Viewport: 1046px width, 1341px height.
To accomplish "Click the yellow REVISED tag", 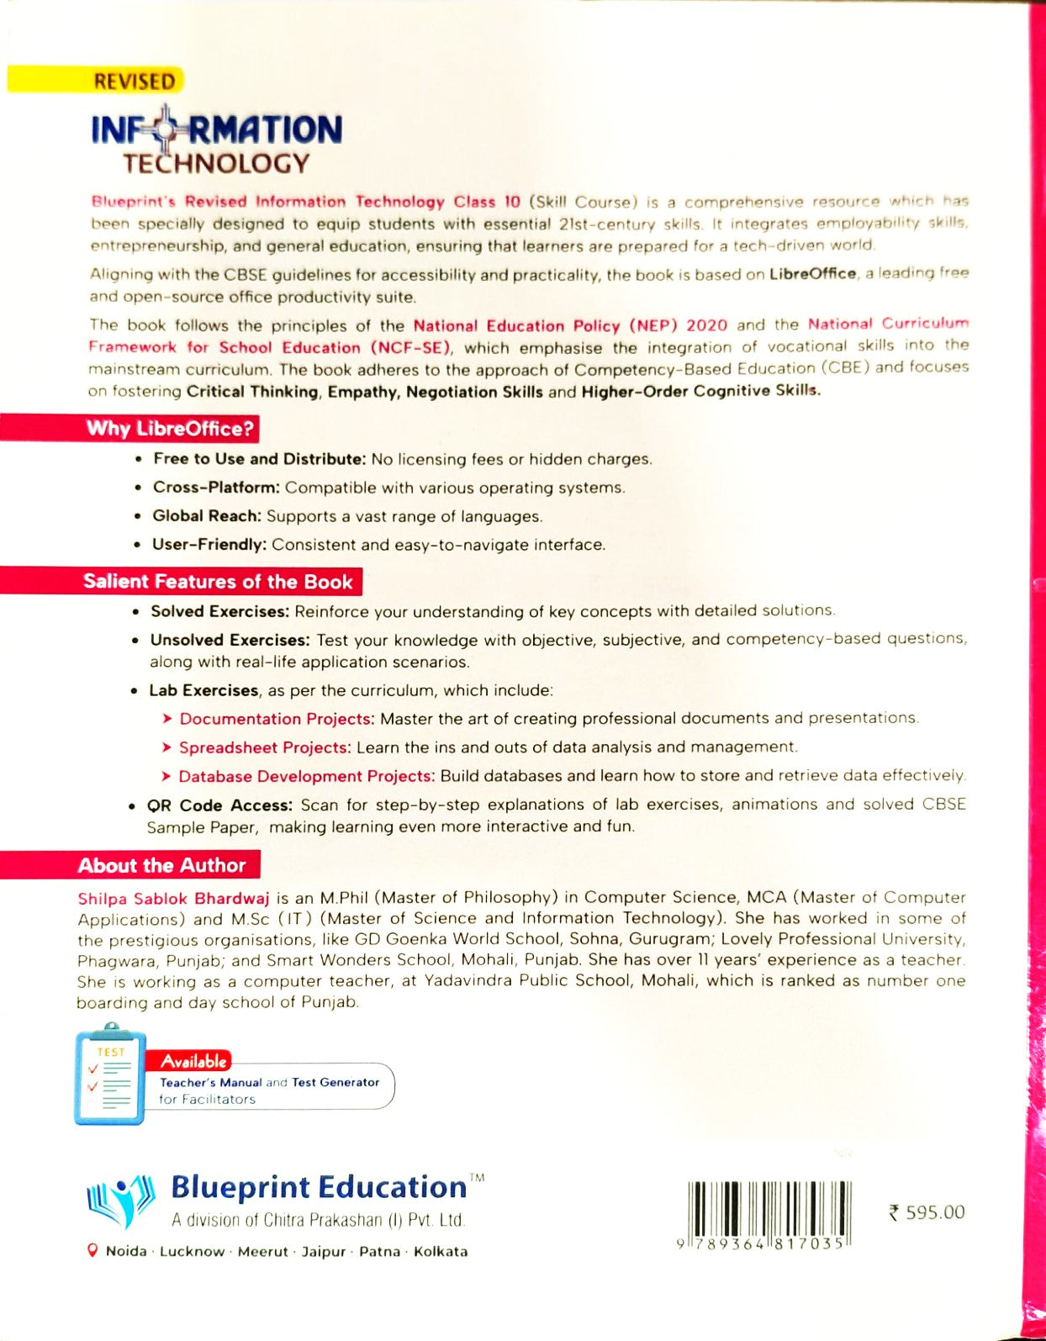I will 135,82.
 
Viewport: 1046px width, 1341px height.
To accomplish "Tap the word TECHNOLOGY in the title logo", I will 216,163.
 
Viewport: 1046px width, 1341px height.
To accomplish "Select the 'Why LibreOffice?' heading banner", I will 170,429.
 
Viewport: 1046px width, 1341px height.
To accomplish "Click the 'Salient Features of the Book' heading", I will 218,582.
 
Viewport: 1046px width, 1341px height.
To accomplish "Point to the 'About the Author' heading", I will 161,865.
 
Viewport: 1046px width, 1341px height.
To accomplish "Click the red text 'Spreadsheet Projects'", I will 263,747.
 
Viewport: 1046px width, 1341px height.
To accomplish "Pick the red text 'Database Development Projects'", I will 305,776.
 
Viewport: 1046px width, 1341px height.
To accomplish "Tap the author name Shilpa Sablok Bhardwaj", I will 173,898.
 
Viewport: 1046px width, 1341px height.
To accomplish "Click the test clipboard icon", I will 110,1075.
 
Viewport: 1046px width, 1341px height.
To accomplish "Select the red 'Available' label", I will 194,1061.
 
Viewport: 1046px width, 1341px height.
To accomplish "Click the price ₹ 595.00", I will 927,1212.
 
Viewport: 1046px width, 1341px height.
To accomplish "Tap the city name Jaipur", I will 324,1251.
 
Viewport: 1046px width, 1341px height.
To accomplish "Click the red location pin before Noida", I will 93,1250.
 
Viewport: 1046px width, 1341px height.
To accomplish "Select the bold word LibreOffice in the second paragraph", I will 812,274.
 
